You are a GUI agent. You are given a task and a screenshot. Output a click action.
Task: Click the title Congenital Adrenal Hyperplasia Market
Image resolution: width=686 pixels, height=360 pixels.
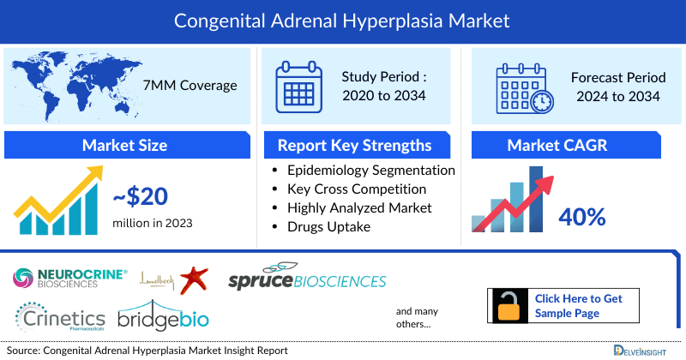[343, 19]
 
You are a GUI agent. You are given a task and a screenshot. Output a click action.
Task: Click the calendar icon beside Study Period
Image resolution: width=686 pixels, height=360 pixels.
[300, 86]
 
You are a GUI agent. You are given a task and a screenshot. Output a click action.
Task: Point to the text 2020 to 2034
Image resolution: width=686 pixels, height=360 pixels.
[383, 95]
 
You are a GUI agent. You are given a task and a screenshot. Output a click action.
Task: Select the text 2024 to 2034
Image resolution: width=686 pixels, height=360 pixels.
[617, 96]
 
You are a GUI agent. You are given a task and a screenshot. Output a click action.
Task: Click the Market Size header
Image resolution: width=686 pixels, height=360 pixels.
[124, 145]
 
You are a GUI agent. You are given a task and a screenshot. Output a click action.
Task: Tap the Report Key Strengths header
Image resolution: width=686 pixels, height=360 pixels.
[354, 145]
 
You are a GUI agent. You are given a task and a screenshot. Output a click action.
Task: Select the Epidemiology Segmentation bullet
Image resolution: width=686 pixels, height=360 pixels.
[370, 170]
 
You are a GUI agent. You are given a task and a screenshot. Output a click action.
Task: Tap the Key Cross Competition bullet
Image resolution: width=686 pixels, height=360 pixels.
[357, 189]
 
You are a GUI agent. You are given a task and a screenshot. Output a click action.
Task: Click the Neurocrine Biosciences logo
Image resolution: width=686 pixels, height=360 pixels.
[70, 276]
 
